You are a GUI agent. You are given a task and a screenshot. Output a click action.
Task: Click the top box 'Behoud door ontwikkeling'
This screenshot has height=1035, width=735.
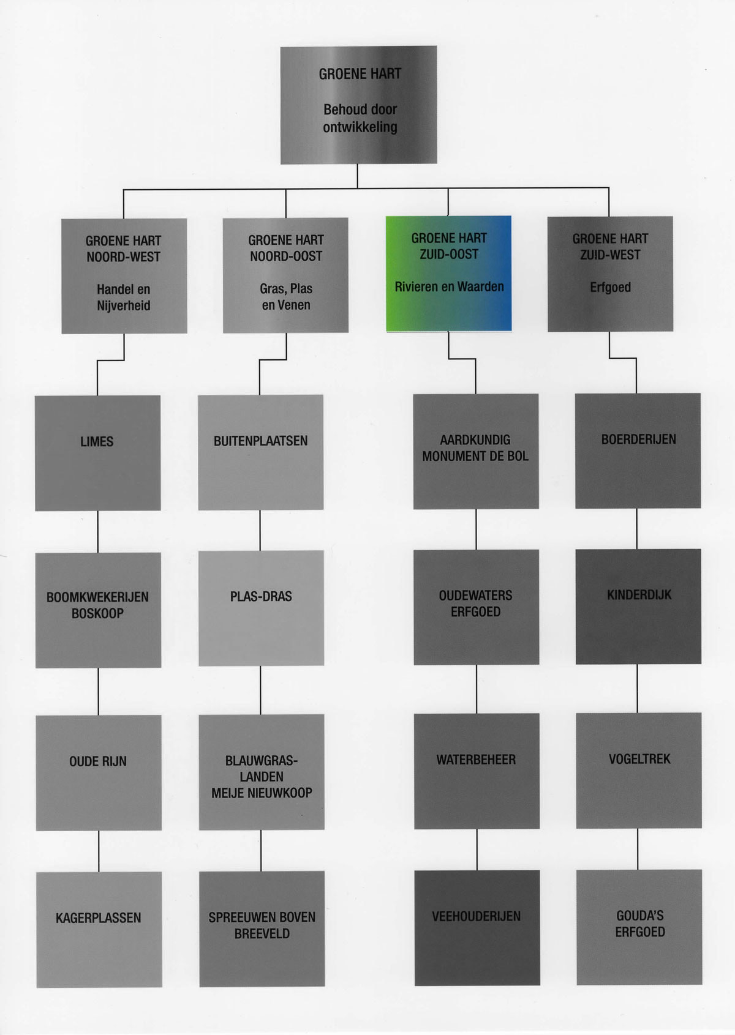(359, 105)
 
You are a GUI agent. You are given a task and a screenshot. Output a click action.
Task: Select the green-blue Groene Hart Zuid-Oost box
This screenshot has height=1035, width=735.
(449, 274)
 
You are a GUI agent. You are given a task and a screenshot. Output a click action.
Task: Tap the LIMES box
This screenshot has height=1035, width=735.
(98, 453)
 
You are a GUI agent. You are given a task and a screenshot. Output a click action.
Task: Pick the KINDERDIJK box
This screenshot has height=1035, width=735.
(638, 607)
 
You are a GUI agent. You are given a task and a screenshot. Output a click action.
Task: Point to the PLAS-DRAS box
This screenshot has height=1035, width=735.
(261, 608)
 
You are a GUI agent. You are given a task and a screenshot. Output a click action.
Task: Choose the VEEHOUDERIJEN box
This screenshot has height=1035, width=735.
(477, 928)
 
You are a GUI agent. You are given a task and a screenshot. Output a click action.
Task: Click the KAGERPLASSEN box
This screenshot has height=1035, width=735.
(99, 930)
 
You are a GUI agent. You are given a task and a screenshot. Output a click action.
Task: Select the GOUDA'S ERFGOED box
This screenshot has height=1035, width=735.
(639, 927)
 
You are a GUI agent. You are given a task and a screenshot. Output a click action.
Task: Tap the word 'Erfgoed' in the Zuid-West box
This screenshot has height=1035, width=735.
(610, 287)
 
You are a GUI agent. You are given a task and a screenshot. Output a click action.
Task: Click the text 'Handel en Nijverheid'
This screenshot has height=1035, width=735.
(124, 297)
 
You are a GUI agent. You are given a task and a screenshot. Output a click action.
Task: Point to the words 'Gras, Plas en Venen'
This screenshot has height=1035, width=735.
(286, 297)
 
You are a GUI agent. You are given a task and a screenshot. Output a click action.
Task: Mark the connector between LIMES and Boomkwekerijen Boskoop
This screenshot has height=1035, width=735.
(98, 532)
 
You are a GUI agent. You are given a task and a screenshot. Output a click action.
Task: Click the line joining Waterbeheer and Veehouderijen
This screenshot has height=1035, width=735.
(477, 850)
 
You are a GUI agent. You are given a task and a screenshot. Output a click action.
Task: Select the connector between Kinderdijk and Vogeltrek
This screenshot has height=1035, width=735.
(638, 689)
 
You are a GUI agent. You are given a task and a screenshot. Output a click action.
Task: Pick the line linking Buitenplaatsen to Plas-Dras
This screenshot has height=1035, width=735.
(260, 530)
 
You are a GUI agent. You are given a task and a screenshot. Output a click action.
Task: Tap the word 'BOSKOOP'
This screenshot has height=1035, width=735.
(98, 613)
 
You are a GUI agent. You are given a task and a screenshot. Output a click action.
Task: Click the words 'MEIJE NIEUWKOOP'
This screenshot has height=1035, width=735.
(262, 793)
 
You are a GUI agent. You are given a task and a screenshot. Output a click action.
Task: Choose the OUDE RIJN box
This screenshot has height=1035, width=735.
(99, 773)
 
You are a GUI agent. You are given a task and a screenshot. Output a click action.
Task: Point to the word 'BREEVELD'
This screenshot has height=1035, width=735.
(262, 934)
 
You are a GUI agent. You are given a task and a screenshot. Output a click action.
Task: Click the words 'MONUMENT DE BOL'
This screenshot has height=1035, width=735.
(475, 457)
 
